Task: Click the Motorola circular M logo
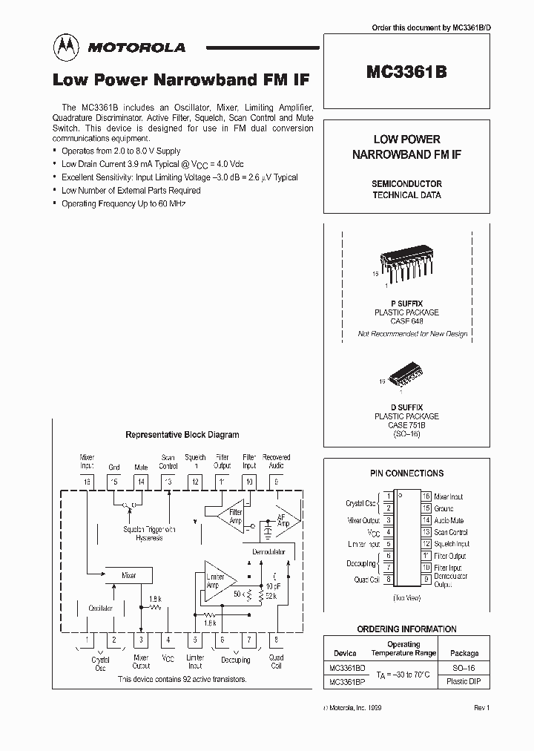coord(67,47)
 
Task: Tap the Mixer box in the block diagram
coord(128,575)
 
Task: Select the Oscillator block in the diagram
coord(100,608)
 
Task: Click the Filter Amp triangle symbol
coord(231,516)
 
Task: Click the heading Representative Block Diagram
coord(182,435)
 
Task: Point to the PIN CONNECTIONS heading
coord(406,473)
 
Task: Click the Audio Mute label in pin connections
coord(449,520)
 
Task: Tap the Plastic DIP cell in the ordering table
coord(464,681)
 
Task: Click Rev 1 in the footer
coord(482,709)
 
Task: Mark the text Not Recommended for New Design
coord(412,334)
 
